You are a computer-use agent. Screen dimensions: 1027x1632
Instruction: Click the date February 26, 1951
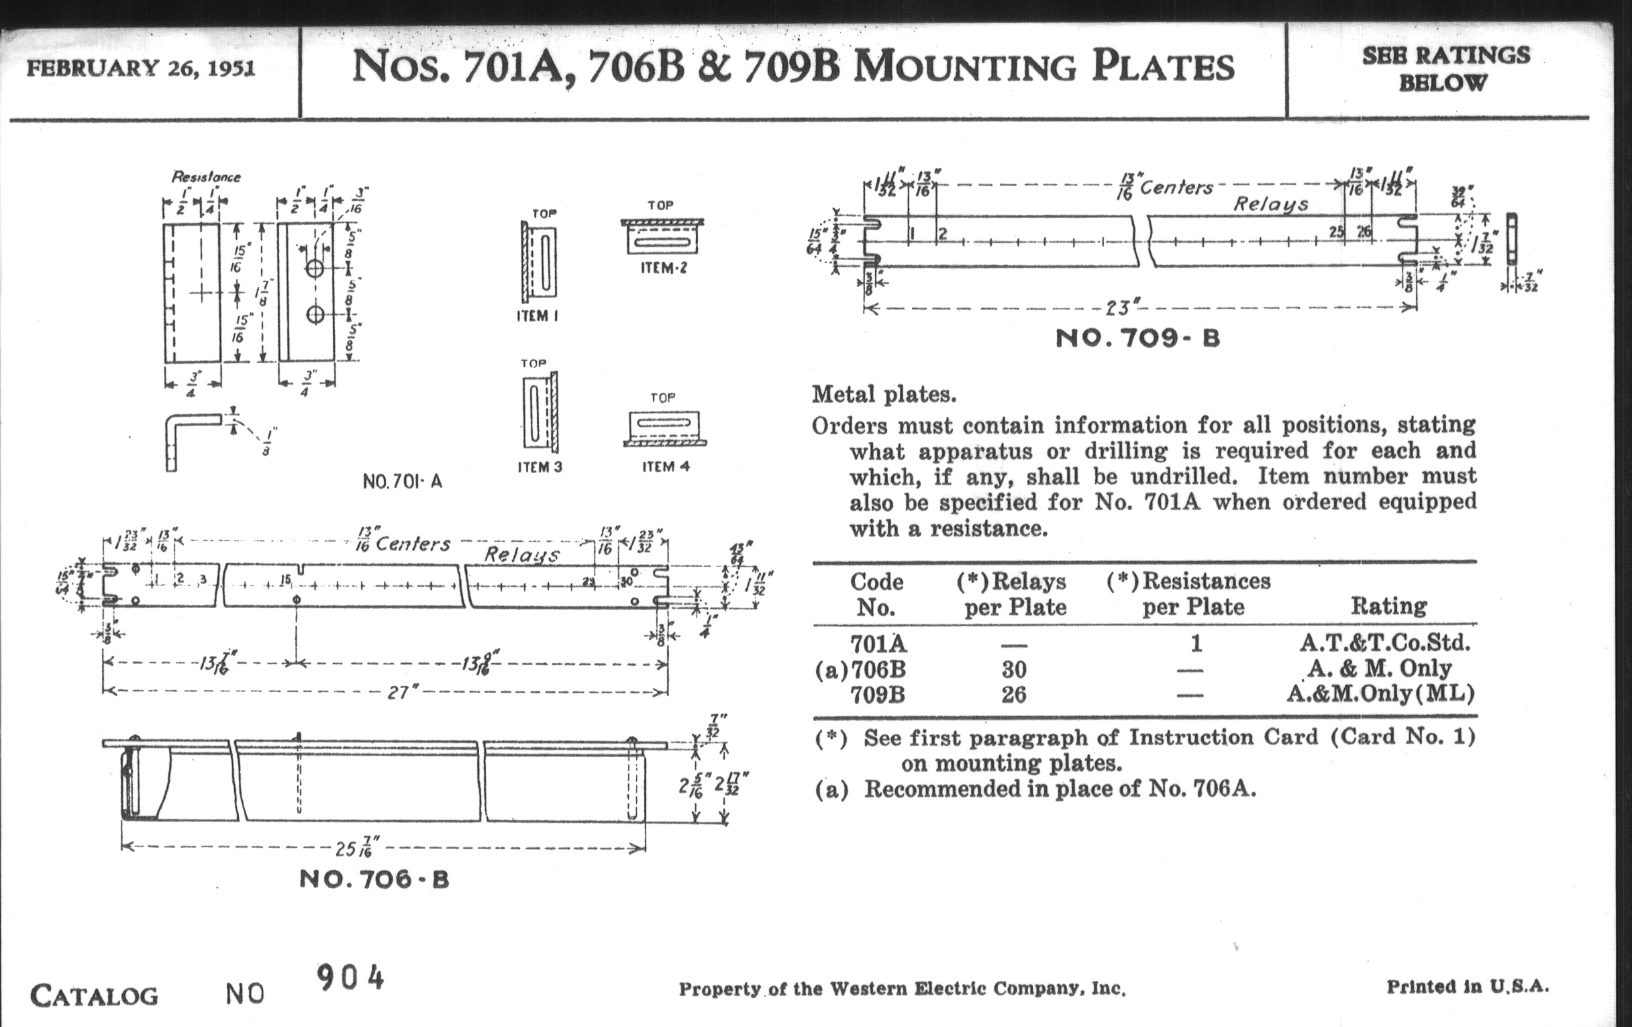141,69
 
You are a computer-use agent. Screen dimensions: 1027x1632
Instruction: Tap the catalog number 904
350,978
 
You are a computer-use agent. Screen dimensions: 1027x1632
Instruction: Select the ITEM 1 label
538,316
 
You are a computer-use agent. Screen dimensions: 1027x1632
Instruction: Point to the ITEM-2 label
664,268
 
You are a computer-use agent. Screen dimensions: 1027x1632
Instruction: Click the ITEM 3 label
540,467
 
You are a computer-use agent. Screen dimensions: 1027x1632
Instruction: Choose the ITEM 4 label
666,467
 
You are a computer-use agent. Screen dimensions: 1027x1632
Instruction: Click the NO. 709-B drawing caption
1138,338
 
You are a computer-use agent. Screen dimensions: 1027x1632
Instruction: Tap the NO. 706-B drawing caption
374,880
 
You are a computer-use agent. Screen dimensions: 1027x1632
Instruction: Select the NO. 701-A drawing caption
403,481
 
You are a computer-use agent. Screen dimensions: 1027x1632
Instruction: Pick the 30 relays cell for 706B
1014,670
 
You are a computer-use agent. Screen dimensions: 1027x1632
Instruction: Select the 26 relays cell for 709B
1014,694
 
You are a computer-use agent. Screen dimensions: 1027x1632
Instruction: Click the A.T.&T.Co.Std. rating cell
1384,642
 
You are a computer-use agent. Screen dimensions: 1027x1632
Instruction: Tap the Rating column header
1388,605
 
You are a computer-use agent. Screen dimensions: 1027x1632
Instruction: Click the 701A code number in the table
878,642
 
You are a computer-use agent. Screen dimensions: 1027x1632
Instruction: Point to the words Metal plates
884,394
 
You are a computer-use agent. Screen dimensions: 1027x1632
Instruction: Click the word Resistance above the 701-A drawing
206,177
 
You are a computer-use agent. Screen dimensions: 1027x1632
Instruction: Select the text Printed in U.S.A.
1468,986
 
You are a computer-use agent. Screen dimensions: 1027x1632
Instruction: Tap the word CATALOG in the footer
94,996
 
